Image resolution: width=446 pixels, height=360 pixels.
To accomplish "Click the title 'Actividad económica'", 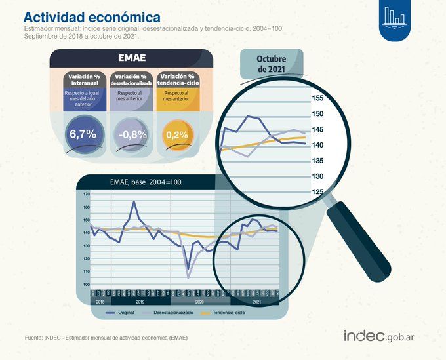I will [92, 17].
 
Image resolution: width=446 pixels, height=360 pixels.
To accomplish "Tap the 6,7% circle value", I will [83, 134].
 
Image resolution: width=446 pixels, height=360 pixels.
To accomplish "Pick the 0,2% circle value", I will [176, 134].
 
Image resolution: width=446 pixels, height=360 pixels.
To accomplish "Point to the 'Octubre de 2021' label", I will [271, 64].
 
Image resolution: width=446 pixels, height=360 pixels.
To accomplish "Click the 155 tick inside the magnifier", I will [317, 98].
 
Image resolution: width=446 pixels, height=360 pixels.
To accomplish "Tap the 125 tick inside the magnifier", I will [317, 192].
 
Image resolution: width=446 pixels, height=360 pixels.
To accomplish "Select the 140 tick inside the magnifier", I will [317, 146].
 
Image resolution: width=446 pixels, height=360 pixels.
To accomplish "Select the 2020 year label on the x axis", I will [199, 302].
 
